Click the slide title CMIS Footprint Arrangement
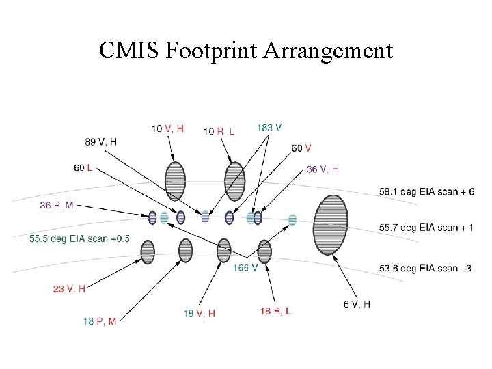(x=246, y=50)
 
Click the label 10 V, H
(x=168, y=128)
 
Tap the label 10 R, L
(x=219, y=131)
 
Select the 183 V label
(x=269, y=128)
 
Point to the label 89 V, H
(x=101, y=141)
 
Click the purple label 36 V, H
(x=323, y=169)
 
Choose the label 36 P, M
(x=56, y=205)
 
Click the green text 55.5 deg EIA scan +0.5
(x=80, y=238)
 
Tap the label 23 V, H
(x=69, y=289)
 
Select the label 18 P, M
(x=100, y=321)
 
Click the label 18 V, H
(x=200, y=313)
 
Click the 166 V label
(x=245, y=268)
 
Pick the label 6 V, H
(x=357, y=304)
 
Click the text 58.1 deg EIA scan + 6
(x=426, y=192)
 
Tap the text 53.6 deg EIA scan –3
(x=425, y=268)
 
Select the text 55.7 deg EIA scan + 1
(x=426, y=227)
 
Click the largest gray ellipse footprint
(x=331, y=225)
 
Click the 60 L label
(x=84, y=167)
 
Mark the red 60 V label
(x=301, y=148)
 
